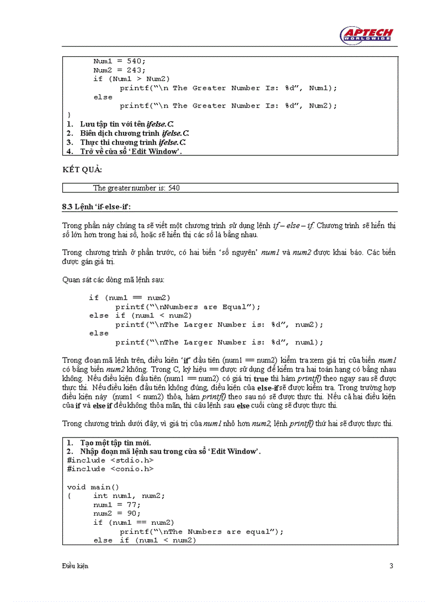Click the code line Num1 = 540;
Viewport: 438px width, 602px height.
coord(119,61)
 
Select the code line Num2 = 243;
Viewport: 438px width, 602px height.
coord(119,70)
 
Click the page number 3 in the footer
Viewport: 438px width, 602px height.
coord(391,566)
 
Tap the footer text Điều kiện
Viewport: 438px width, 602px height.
coord(75,566)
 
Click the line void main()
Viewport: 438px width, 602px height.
coord(93,487)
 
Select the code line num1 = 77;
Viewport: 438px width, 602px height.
coord(117,505)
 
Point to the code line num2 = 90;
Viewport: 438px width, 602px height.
coord(117,514)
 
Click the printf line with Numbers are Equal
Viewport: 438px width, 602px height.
coord(188,307)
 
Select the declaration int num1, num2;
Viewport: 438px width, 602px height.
coord(129,496)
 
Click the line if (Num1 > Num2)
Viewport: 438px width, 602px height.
coord(132,79)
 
